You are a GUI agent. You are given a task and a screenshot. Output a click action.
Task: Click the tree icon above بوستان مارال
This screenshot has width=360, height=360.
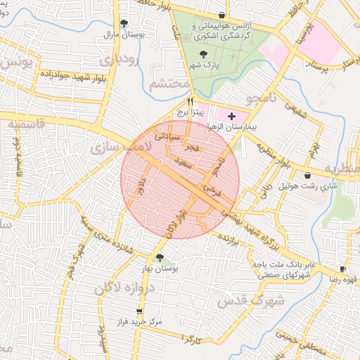click(124, 23)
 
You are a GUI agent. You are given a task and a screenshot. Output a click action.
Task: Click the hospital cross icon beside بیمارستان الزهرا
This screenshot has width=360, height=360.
click(232, 115)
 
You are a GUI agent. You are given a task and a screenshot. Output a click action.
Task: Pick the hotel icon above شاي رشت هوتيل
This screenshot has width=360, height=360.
click(308, 175)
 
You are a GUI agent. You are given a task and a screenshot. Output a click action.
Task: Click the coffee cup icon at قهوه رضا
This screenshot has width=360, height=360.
click(342, 269)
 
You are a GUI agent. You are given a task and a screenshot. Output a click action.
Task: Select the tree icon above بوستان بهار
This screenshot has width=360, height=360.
click(160, 257)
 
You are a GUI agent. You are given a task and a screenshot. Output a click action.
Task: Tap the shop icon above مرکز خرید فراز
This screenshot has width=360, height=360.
click(139, 310)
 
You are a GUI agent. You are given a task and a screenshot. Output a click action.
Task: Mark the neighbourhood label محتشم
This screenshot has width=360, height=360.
click(169, 84)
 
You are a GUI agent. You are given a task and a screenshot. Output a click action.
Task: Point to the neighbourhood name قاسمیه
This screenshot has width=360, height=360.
click(29, 124)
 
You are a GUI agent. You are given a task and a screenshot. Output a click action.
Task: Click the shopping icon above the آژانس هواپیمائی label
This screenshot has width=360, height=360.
click(222, 15)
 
